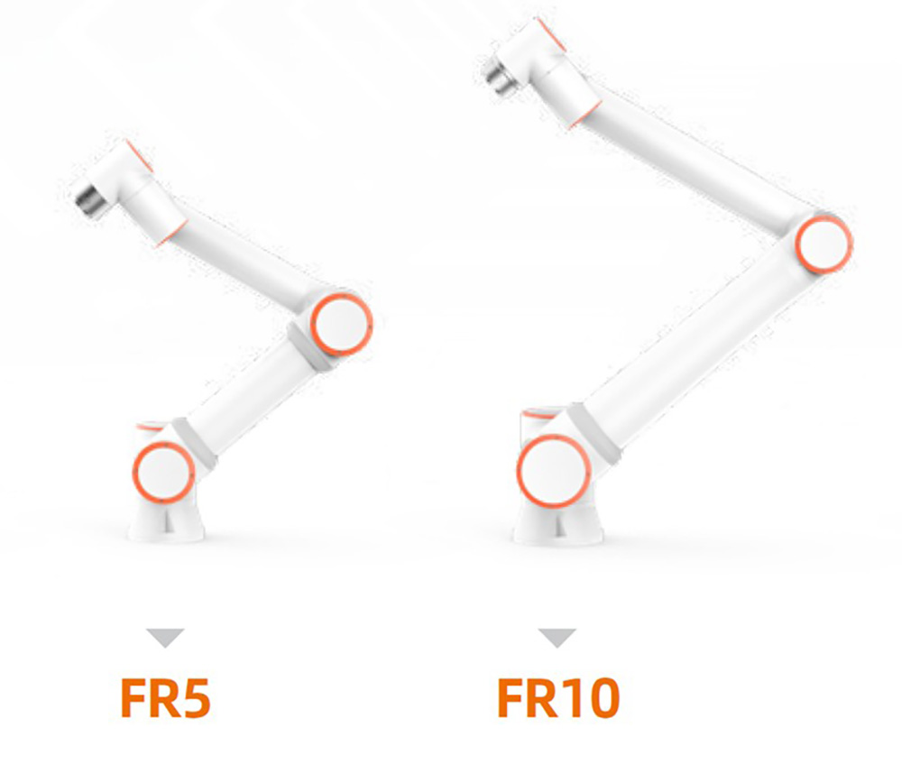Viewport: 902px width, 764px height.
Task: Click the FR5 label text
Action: click(x=165, y=697)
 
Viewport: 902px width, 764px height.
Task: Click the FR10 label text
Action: click(x=558, y=697)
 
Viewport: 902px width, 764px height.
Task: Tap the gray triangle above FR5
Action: click(x=166, y=638)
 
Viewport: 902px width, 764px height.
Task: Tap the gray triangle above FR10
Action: click(x=557, y=638)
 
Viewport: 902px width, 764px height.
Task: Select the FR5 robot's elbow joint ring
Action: click(x=340, y=320)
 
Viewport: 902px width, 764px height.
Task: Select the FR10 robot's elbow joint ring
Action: click(x=824, y=243)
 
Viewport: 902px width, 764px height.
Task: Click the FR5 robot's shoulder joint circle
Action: click(x=163, y=471)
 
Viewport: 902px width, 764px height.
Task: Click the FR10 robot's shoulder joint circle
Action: click(x=553, y=471)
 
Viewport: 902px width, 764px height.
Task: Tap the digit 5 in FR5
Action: click(x=194, y=697)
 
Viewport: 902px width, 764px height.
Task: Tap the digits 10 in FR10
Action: click(x=586, y=697)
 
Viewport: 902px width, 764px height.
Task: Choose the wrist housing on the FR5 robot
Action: click(x=135, y=189)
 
